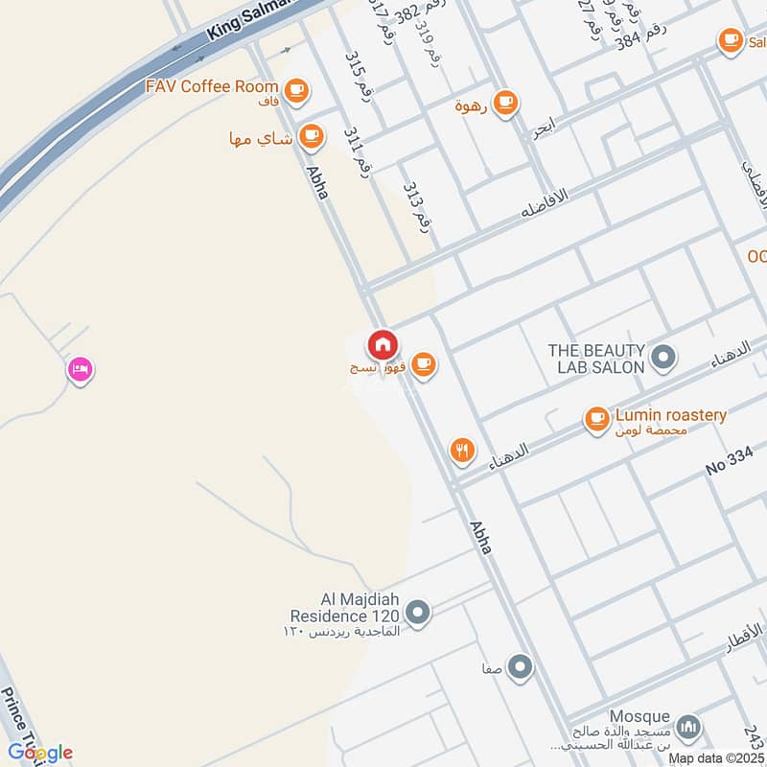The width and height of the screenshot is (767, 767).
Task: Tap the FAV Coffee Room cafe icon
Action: pos(297,90)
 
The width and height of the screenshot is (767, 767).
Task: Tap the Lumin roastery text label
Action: pos(670,415)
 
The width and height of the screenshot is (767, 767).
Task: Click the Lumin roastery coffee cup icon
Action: pos(597,417)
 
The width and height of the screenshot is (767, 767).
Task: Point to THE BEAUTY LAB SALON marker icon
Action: pos(662,359)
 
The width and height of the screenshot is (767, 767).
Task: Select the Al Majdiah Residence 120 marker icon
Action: pos(417,611)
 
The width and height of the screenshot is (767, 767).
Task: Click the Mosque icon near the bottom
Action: pos(687,727)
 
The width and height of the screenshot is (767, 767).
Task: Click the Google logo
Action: pos(39,752)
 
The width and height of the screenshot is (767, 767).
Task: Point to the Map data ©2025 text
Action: pos(716,757)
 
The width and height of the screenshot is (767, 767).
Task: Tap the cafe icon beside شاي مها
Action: pos(310,136)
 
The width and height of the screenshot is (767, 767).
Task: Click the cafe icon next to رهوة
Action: pos(505,102)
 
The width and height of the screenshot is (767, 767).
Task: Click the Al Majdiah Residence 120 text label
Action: pos(347,610)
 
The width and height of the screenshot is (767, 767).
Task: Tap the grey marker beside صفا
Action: pos(520,665)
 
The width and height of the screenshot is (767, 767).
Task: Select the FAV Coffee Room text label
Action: pos(210,86)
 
